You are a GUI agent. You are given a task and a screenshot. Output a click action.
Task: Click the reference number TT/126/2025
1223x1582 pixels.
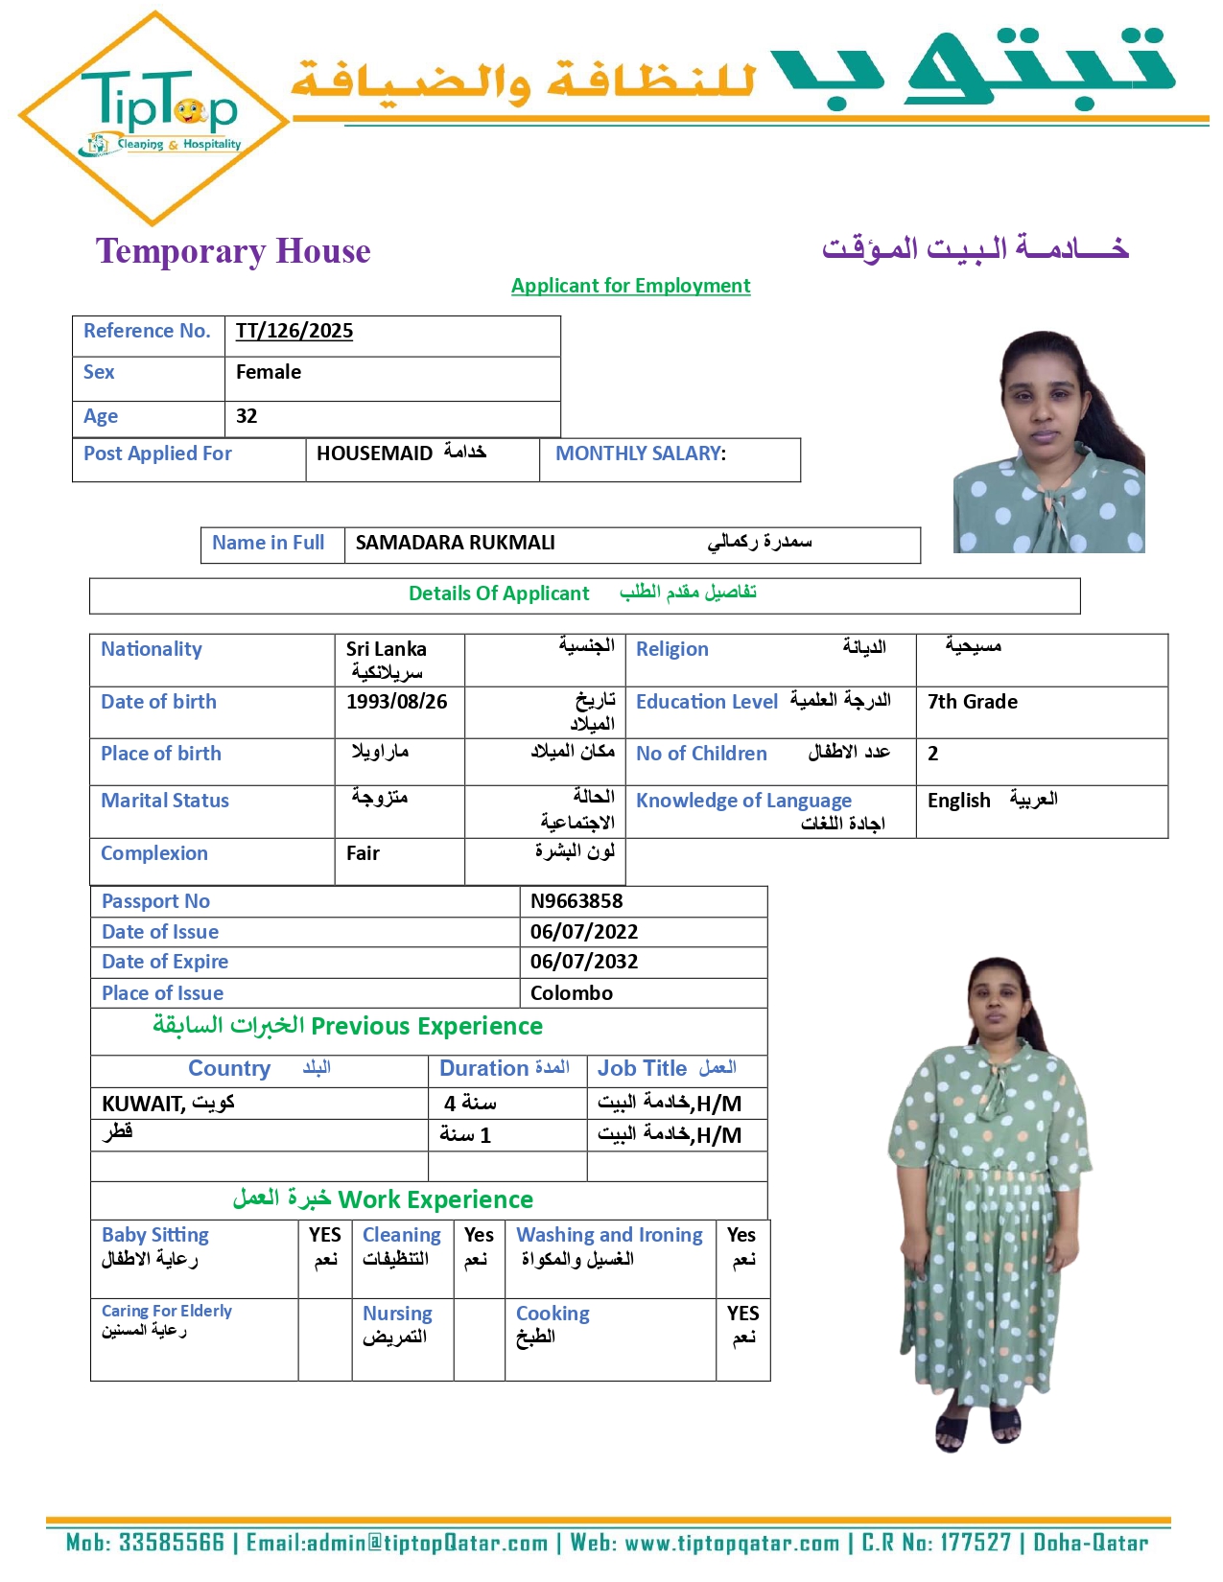(x=294, y=332)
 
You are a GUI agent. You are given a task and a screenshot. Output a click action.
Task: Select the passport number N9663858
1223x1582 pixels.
(x=576, y=901)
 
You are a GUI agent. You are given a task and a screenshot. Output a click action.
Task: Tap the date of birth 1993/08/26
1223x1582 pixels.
(x=397, y=702)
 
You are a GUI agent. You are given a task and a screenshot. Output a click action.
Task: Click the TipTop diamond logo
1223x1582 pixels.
(x=153, y=117)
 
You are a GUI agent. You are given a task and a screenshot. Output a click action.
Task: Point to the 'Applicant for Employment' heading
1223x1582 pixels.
(x=630, y=286)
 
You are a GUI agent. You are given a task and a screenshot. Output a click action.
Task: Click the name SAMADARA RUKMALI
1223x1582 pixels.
(x=455, y=543)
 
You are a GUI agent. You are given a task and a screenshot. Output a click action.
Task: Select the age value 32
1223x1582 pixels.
(x=247, y=416)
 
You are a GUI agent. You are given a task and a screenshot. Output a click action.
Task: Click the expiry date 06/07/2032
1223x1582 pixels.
(x=584, y=962)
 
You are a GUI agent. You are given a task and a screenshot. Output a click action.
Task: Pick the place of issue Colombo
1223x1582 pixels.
(x=572, y=993)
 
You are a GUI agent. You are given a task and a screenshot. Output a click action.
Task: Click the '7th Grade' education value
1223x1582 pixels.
(x=973, y=702)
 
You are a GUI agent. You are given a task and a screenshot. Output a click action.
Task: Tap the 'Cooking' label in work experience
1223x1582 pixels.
(x=553, y=1314)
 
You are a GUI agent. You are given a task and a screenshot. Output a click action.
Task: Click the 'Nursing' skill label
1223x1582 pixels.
(x=397, y=1314)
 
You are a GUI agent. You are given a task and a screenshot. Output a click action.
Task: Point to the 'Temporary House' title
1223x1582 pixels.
(x=233, y=251)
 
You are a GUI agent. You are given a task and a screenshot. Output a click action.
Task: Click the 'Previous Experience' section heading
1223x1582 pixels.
(x=427, y=1027)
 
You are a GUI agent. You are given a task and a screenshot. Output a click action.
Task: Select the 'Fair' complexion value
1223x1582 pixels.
(x=363, y=853)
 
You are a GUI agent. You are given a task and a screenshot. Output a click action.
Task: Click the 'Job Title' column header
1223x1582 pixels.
(x=642, y=1068)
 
